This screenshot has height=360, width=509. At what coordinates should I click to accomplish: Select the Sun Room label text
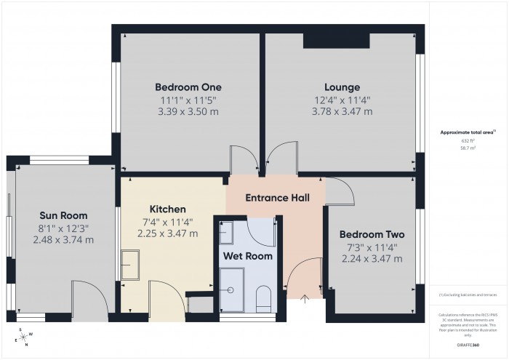tap(63, 215)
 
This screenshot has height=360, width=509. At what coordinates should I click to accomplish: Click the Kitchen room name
tap(168, 209)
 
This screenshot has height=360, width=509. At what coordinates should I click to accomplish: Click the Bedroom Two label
tap(372, 235)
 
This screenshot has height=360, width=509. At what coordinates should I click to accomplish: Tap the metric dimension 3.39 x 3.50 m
tap(188, 112)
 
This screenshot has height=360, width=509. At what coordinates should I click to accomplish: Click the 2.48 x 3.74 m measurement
tap(63, 241)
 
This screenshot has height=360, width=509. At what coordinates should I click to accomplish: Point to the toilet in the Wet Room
tap(264, 298)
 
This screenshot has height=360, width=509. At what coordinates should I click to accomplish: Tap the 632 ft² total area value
tap(467, 140)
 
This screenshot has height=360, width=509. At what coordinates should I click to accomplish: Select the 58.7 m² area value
tap(467, 147)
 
